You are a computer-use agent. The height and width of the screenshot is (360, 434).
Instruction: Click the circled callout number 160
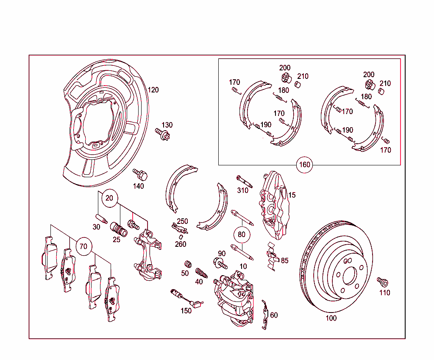[x=305, y=165]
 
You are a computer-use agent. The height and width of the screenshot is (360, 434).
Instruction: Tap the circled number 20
[x=109, y=198]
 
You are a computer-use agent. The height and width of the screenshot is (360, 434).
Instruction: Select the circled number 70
[x=83, y=246]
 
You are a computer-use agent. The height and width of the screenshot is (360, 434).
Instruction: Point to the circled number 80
[x=242, y=234]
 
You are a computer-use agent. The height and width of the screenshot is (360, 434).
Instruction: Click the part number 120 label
[x=153, y=90]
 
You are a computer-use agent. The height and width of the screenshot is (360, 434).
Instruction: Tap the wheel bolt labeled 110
[x=383, y=282]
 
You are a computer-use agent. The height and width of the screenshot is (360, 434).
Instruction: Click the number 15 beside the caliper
[x=292, y=195]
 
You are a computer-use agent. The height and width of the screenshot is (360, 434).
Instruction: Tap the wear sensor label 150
[x=186, y=310]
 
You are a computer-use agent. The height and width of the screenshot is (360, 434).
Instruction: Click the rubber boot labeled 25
[x=119, y=230]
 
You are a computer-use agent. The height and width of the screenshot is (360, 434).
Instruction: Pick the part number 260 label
[x=181, y=244]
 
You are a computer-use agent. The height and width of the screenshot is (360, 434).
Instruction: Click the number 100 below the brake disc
[x=331, y=318]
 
